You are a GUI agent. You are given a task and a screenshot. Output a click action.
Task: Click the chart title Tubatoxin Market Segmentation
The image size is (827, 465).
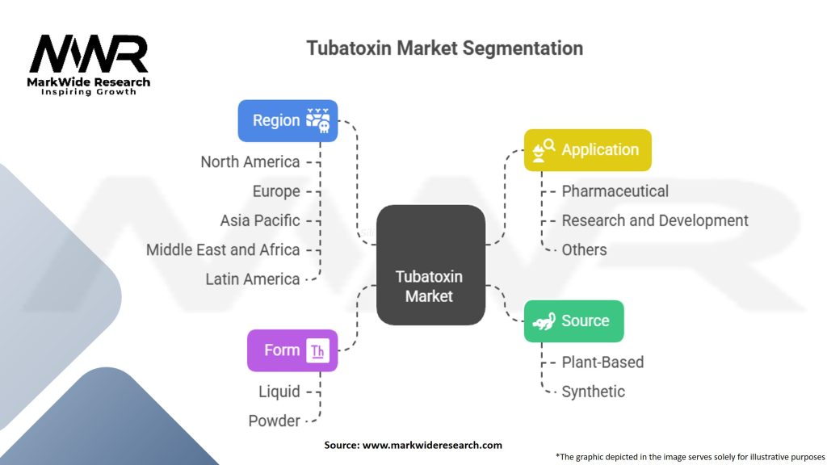[x=444, y=48]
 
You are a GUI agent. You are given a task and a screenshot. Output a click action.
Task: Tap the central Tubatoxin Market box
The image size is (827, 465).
[x=430, y=266]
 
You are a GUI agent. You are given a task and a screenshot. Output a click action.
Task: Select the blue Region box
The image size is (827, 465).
[x=288, y=120]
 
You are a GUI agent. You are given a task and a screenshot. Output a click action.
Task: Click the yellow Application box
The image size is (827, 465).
[x=587, y=149]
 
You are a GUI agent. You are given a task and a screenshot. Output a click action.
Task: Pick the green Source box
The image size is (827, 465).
[x=573, y=320]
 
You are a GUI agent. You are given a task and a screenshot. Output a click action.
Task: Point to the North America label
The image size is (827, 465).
[x=250, y=161]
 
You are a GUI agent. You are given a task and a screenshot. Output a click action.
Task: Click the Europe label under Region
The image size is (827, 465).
[x=276, y=191]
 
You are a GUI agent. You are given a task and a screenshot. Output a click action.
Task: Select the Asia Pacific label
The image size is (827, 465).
[x=260, y=220]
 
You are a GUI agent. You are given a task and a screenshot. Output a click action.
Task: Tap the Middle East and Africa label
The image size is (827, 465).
[x=223, y=249]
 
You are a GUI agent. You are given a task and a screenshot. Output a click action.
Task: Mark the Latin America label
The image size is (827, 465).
[x=253, y=279]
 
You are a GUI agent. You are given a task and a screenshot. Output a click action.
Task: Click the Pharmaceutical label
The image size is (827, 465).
[x=615, y=191]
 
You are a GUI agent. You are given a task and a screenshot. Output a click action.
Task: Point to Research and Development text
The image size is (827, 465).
[x=655, y=220]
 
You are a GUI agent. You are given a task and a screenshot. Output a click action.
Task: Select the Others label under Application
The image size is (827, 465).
[x=585, y=249]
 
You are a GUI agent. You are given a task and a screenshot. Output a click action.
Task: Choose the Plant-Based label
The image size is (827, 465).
[x=602, y=362]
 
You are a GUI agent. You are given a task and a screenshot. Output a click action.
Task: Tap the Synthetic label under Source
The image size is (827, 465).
[x=594, y=392]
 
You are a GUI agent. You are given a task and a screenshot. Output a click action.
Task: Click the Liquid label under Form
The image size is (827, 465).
[x=279, y=392]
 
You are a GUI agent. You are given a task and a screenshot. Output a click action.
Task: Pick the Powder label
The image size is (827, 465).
[x=275, y=421]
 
